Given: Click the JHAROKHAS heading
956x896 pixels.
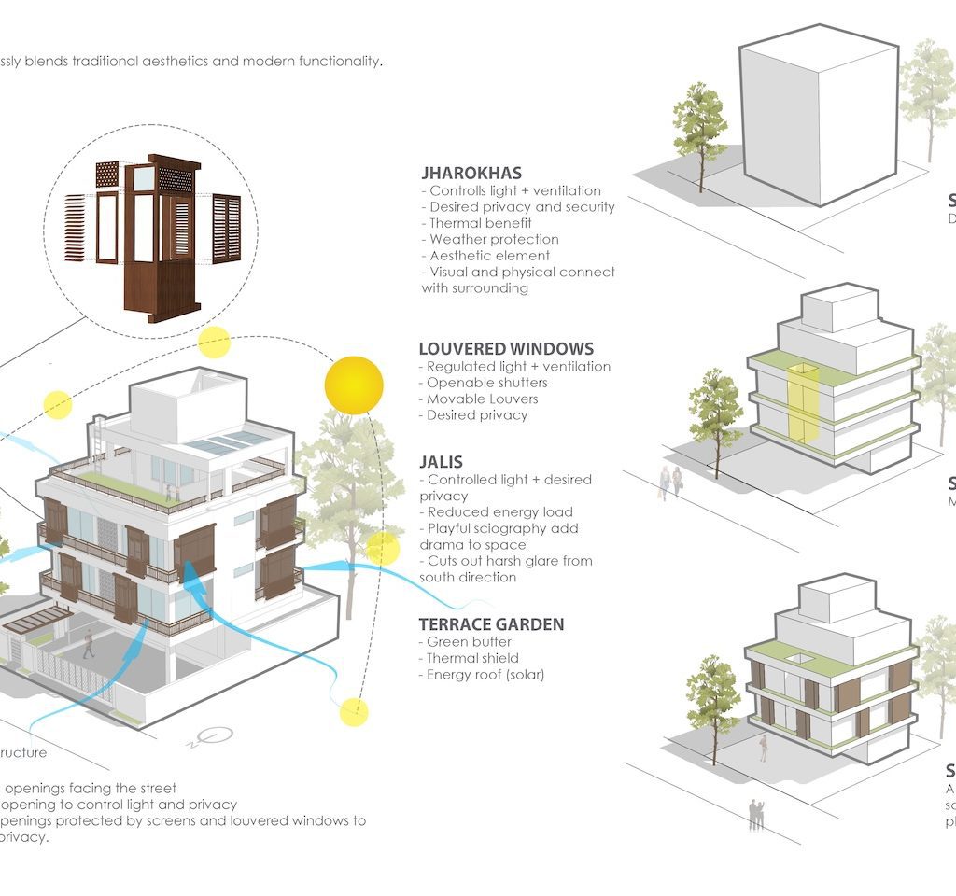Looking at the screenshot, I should click(x=471, y=174).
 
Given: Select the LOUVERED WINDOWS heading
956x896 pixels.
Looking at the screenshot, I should click(x=506, y=350).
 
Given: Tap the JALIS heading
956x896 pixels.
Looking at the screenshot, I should click(x=442, y=462).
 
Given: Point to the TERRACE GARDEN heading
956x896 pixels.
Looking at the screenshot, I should click(x=492, y=624).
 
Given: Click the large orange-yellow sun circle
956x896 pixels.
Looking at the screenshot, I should click(x=354, y=385).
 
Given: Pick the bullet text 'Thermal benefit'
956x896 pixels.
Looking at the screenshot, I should click(x=480, y=223).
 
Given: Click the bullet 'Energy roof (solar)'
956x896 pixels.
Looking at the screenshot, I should click(x=485, y=674).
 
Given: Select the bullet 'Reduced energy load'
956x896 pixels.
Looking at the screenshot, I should click(x=499, y=511).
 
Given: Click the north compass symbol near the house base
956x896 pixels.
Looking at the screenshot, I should click(x=220, y=736).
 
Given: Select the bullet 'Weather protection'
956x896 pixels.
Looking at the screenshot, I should click(x=494, y=239).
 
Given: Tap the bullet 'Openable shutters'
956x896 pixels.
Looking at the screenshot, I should click(x=486, y=383).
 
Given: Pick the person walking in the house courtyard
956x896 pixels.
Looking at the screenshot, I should click(x=89, y=643).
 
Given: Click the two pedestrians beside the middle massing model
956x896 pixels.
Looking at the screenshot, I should click(x=670, y=482).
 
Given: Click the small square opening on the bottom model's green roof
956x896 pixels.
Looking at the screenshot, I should click(x=796, y=659).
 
